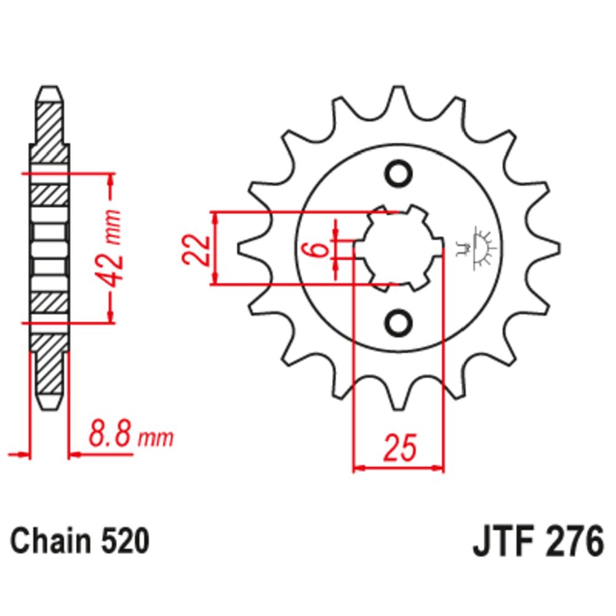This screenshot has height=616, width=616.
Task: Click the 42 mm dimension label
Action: (109, 249)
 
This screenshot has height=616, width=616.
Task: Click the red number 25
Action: (400, 447)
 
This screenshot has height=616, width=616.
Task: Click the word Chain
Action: (51, 541)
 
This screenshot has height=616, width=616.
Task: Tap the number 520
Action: (124, 541)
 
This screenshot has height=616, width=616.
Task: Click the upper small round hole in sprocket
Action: (399, 173)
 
